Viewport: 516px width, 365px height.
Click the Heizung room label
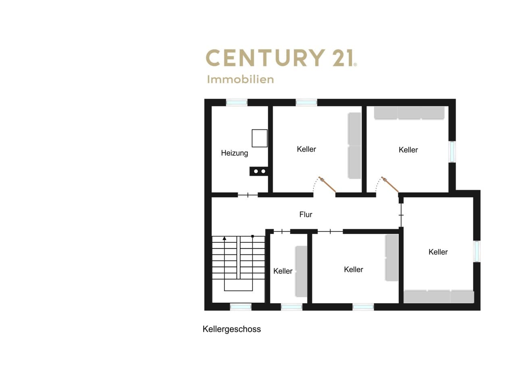tap(235, 153)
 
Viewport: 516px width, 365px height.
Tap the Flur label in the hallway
tap(306, 215)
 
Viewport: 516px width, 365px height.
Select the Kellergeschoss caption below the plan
tap(232, 329)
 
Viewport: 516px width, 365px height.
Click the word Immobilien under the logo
tap(241, 79)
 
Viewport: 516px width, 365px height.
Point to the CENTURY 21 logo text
tap(281, 58)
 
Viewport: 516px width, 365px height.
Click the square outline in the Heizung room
tap(260, 138)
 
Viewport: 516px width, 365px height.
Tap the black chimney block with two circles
tap(259, 171)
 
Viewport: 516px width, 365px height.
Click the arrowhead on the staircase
tap(225, 238)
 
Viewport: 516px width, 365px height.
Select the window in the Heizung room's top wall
tap(237, 102)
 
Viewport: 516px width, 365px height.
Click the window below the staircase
tap(241, 307)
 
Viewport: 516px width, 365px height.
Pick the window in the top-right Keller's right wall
tap(452, 152)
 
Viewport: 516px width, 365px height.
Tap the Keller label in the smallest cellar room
tap(283, 271)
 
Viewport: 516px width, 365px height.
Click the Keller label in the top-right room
tap(408, 150)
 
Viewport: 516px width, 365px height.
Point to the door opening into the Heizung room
tap(248, 195)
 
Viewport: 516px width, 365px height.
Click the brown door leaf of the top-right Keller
tap(390, 184)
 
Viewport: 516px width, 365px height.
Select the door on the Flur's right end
tap(401, 215)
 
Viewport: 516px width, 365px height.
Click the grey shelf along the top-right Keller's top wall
tap(409, 113)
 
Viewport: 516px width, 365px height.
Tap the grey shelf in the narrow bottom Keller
tap(301, 271)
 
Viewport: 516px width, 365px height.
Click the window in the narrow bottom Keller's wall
tap(291, 307)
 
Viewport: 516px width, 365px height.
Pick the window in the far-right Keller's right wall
tap(477, 251)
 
